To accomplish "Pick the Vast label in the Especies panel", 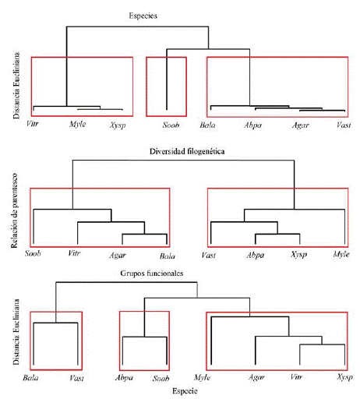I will click(x=343, y=125).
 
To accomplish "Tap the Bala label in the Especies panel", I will click(x=208, y=125).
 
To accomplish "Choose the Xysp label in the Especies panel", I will click(x=118, y=125).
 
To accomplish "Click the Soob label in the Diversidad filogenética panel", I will click(x=33, y=254).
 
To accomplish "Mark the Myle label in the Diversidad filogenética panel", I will click(x=341, y=254).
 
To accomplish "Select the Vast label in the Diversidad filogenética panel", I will click(x=209, y=254).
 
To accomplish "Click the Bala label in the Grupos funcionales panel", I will click(x=31, y=378).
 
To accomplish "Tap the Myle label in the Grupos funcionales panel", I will click(x=203, y=378).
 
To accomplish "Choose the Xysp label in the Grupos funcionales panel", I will click(x=344, y=378).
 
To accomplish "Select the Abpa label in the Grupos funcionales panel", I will click(x=123, y=378).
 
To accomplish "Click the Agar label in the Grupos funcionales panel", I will click(x=256, y=378).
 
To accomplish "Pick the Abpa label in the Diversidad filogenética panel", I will click(x=255, y=254).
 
